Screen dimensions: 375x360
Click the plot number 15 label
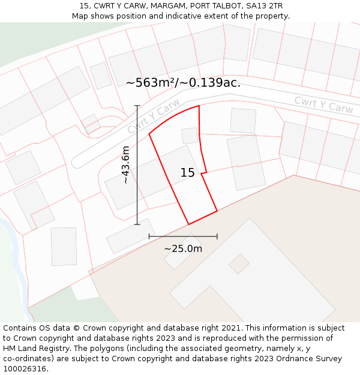(187, 173)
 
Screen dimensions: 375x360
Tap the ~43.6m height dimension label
(125, 165)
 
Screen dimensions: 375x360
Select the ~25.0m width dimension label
(183, 248)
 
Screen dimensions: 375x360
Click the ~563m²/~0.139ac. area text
(183, 83)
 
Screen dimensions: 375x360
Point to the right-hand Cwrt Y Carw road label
(323, 105)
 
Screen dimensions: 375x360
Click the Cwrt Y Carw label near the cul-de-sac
(154, 116)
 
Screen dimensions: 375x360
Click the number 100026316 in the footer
(25, 368)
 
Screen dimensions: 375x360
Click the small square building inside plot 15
(190, 136)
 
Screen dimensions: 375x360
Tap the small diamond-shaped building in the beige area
(239, 263)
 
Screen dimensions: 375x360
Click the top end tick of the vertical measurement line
(137, 106)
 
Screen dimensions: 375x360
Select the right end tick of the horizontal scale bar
(217, 236)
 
